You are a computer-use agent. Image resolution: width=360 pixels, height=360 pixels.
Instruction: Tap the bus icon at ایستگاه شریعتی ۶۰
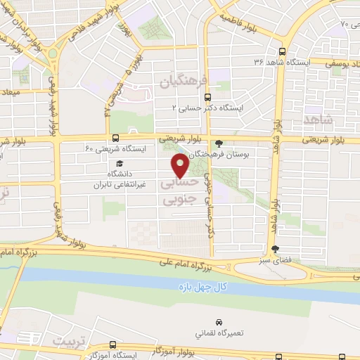(115, 138)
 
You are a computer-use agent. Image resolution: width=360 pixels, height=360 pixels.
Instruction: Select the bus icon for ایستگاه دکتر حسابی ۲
(207, 98)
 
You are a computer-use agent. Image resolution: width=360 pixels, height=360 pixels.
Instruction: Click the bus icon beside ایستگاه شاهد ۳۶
(282, 51)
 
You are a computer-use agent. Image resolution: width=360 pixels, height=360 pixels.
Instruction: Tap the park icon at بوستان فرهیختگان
(219, 143)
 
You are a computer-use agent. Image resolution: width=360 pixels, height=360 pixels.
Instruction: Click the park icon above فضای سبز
(276, 248)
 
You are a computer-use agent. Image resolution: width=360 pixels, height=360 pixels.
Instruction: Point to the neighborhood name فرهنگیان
(184, 82)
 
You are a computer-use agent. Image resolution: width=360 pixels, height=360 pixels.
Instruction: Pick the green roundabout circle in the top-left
(53, 44)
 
